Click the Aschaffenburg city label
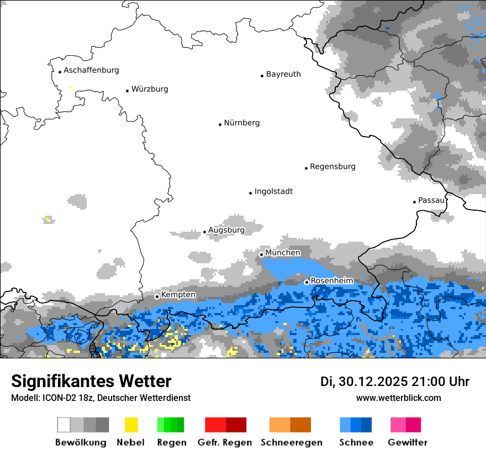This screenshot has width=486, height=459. (91, 70)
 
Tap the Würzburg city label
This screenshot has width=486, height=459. (150, 89)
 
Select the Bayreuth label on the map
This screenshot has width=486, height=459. (283, 74)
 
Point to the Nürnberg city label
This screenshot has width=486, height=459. (241, 123)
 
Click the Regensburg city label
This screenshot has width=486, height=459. (332, 166)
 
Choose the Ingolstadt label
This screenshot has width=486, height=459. (273, 191)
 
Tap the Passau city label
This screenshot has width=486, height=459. (431, 200)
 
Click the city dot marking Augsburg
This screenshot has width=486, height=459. (204, 232)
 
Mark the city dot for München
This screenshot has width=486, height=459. (262, 254)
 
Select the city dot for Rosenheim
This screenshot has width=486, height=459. (307, 282)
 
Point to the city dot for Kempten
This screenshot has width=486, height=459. (157, 296)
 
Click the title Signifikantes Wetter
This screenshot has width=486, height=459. (91, 381)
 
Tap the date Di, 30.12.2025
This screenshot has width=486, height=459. (364, 382)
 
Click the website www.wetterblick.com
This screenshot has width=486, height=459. (398, 398)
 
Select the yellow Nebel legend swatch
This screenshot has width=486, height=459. (131, 425)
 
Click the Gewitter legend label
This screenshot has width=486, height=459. (407, 442)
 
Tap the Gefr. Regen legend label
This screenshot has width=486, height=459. (225, 442)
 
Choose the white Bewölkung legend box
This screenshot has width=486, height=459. (64, 425)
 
